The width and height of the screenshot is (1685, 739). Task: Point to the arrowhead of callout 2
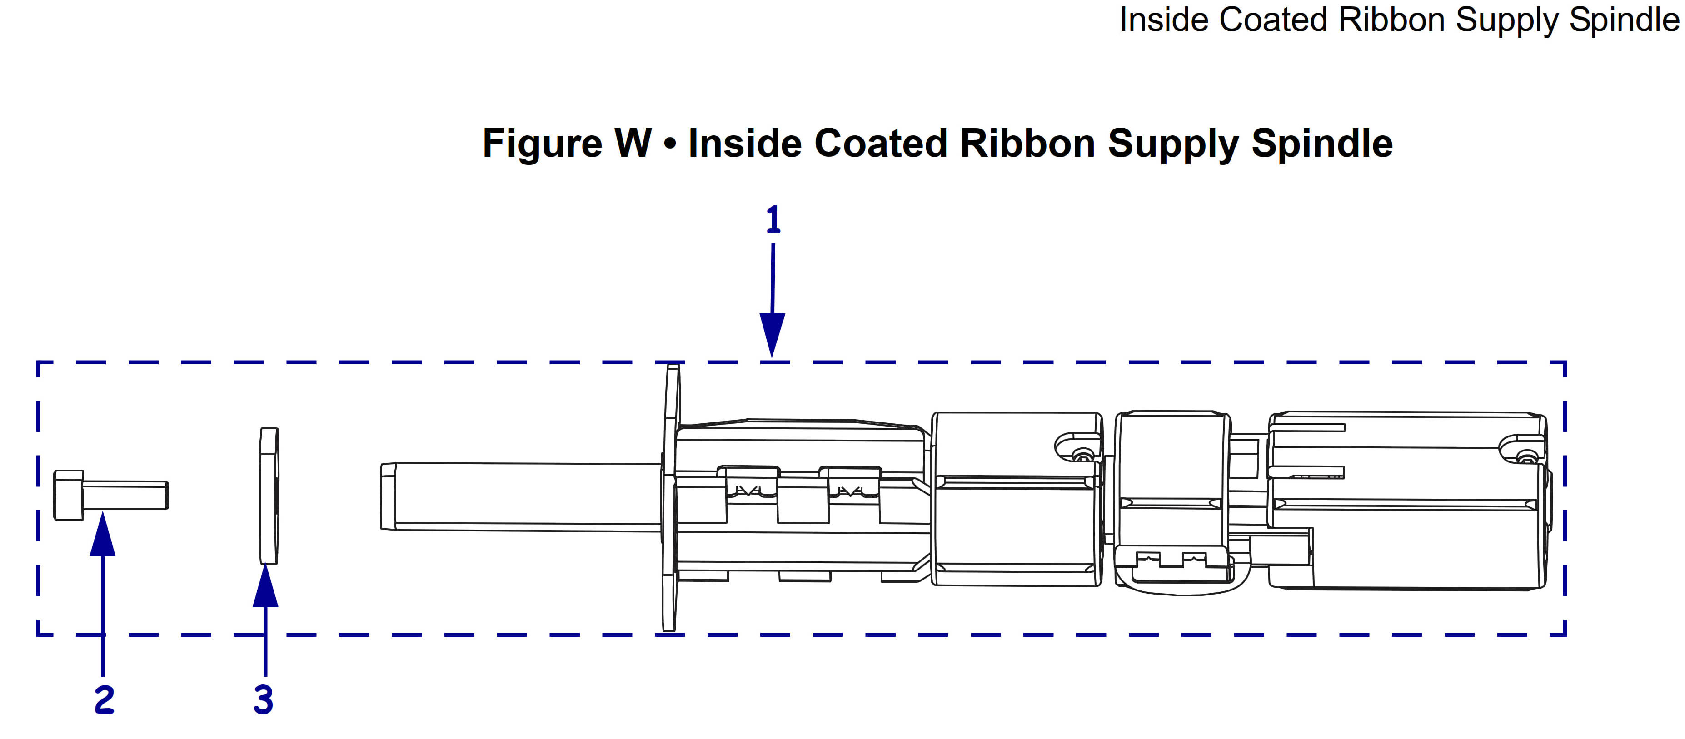click(x=103, y=534)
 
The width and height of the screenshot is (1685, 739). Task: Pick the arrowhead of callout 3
click(x=265, y=585)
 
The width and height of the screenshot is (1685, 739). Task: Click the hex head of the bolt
click(x=68, y=495)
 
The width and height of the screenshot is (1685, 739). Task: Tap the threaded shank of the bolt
click(x=125, y=495)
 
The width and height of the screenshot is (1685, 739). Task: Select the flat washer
click(x=269, y=496)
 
